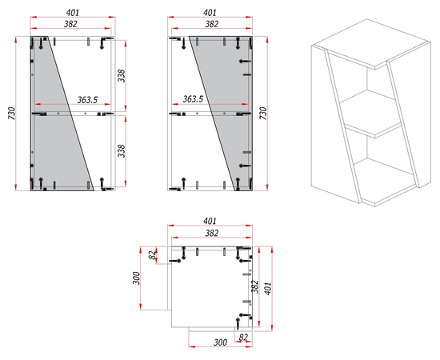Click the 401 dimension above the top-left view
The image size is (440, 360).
(73, 13)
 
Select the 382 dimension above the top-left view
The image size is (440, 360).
(70, 24)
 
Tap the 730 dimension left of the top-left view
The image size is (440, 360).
(12, 114)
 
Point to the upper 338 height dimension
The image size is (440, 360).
(122, 76)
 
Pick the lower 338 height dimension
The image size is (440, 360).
(122, 151)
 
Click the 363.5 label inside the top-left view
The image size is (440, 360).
(87, 100)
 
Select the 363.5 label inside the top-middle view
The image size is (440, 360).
(193, 98)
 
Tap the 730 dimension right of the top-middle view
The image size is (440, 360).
(263, 114)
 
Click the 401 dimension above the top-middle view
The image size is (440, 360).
(210, 13)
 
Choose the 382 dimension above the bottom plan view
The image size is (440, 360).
(211, 233)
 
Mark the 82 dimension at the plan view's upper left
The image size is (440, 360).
(152, 255)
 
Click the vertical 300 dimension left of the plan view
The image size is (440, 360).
(136, 278)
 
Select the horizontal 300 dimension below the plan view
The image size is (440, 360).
(221, 342)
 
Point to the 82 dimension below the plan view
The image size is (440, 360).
(243, 337)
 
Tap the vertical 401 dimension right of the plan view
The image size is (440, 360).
(268, 289)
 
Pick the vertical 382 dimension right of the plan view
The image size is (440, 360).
(255, 286)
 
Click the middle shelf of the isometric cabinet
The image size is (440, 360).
(370, 114)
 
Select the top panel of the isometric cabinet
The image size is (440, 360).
(371, 44)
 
